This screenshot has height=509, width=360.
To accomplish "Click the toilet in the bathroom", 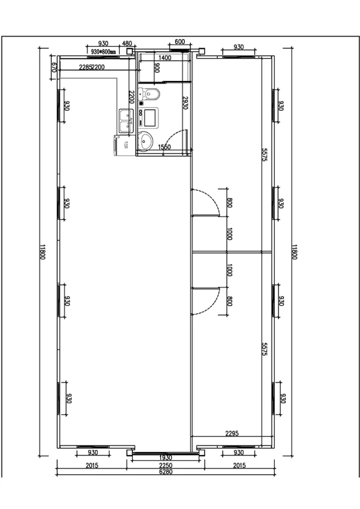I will (151, 93).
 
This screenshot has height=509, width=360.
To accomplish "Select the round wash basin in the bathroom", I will (146, 141).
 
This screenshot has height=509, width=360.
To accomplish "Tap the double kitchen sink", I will (126, 119).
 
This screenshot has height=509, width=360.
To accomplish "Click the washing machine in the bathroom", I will (150, 117).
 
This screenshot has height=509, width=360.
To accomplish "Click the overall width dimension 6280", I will (166, 472).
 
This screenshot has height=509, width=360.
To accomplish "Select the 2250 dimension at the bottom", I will (166, 465).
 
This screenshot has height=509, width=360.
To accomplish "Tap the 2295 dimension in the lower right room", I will (232, 433).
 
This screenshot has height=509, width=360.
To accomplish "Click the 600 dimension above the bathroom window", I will (180, 42).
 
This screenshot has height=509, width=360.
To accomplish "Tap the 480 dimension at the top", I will (127, 44).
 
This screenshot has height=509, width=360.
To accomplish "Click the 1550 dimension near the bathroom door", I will (164, 147).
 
